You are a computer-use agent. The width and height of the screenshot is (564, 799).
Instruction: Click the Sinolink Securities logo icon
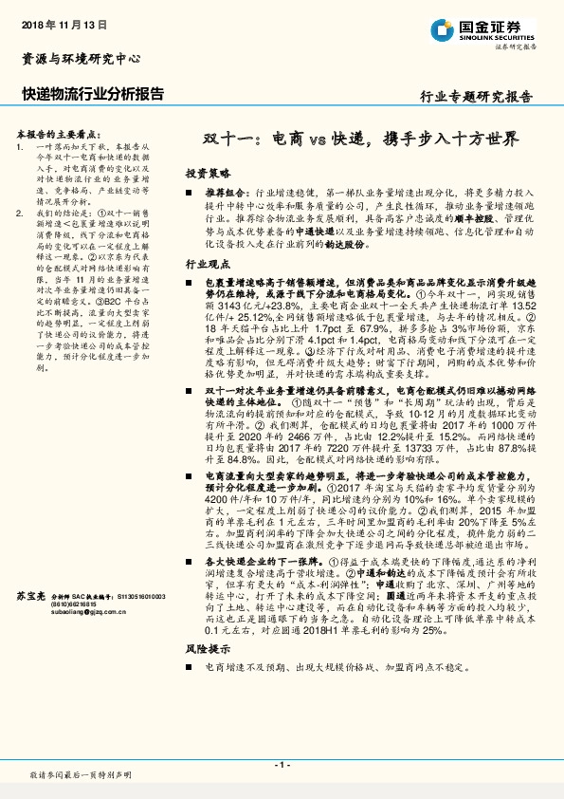(x=437, y=28)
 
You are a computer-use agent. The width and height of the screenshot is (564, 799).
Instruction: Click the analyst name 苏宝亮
(x=31, y=595)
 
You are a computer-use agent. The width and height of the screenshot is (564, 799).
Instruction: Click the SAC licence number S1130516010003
(x=140, y=596)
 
